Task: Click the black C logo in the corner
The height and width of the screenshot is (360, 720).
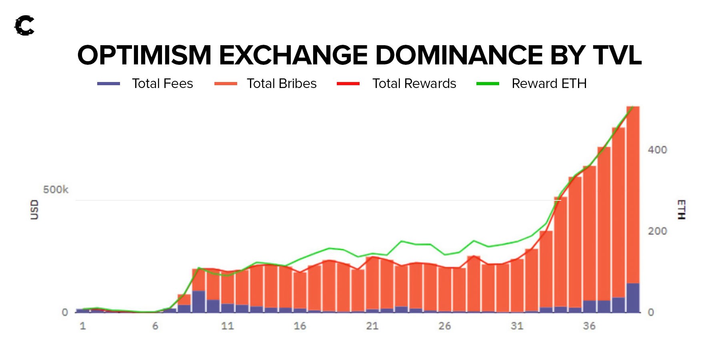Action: point(24,26)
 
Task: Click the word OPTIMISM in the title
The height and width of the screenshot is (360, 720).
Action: point(144,55)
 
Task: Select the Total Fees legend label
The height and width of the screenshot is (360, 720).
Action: point(162,84)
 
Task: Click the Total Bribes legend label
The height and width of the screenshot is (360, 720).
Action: point(282,84)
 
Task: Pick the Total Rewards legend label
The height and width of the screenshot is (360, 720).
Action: point(414,84)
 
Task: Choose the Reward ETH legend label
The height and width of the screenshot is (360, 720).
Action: point(549,84)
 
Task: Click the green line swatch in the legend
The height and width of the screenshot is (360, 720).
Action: point(488,84)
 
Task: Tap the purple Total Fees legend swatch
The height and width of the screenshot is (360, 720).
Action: point(108,84)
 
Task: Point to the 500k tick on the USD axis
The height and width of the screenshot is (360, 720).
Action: point(56,189)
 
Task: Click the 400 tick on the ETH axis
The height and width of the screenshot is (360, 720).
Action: point(657,150)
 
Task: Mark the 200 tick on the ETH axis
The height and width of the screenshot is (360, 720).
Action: point(657,231)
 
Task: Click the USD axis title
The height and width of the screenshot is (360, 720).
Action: point(35,210)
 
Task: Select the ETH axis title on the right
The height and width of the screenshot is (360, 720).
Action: point(681,210)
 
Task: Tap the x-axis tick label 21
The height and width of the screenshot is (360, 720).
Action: point(372,326)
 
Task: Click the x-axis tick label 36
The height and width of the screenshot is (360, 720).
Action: point(589,326)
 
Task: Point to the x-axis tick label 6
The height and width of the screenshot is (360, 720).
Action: point(155,326)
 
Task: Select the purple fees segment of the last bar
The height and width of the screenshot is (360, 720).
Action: point(633,298)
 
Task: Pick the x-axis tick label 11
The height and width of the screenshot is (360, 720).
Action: point(227,326)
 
